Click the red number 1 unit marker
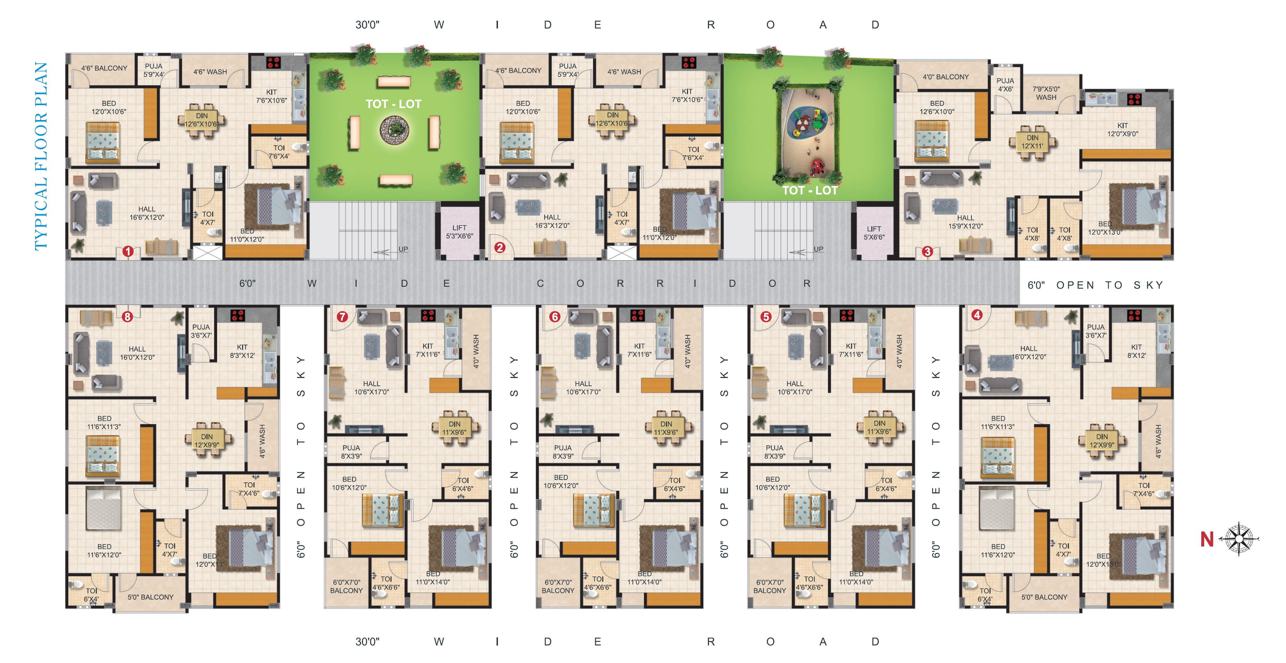coord(128,251)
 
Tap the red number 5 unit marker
coord(766,316)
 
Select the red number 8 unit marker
coord(127,316)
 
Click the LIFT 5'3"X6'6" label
coord(459,232)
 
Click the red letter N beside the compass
coord(1207,539)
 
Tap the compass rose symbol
coord(1239,539)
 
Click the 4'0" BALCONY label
coord(945,77)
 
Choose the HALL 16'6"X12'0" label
coord(147,213)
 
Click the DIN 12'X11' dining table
coord(1032,142)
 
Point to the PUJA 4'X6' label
coord(1005,85)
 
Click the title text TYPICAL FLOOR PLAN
coord(41,156)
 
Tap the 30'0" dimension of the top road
coord(367,25)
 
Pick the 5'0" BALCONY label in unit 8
coord(150,597)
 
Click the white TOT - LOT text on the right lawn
coord(810,190)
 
